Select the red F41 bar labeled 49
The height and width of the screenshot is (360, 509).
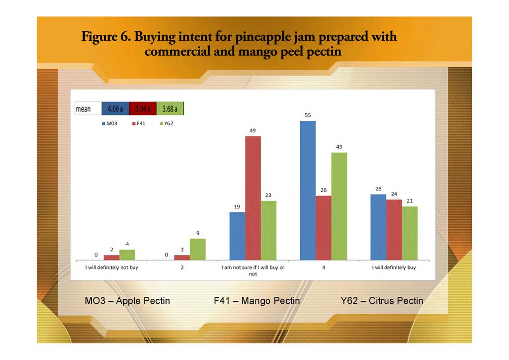click(x=253, y=198)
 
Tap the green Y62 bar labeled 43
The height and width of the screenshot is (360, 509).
click(x=339, y=206)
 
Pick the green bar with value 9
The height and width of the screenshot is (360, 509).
click(x=198, y=249)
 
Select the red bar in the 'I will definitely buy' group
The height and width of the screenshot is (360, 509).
click(x=394, y=229)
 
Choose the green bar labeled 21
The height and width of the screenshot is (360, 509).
click(x=410, y=233)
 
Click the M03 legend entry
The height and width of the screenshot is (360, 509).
click(x=110, y=123)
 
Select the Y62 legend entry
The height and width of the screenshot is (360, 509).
click(x=166, y=123)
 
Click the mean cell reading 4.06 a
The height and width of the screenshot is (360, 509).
click(x=115, y=109)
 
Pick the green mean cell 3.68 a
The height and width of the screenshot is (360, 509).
click(x=170, y=109)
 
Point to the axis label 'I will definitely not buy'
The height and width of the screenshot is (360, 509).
click(x=110, y=268)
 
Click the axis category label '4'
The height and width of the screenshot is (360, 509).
click(x=324, y=268)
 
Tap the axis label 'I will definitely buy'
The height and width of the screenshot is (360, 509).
click(x=394, y=268)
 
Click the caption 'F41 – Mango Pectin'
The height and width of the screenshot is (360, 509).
click(x=256, y=301)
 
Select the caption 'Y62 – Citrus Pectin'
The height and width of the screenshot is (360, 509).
click(x=382, y=301)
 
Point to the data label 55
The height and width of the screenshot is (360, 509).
click(x=308, y=115)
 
